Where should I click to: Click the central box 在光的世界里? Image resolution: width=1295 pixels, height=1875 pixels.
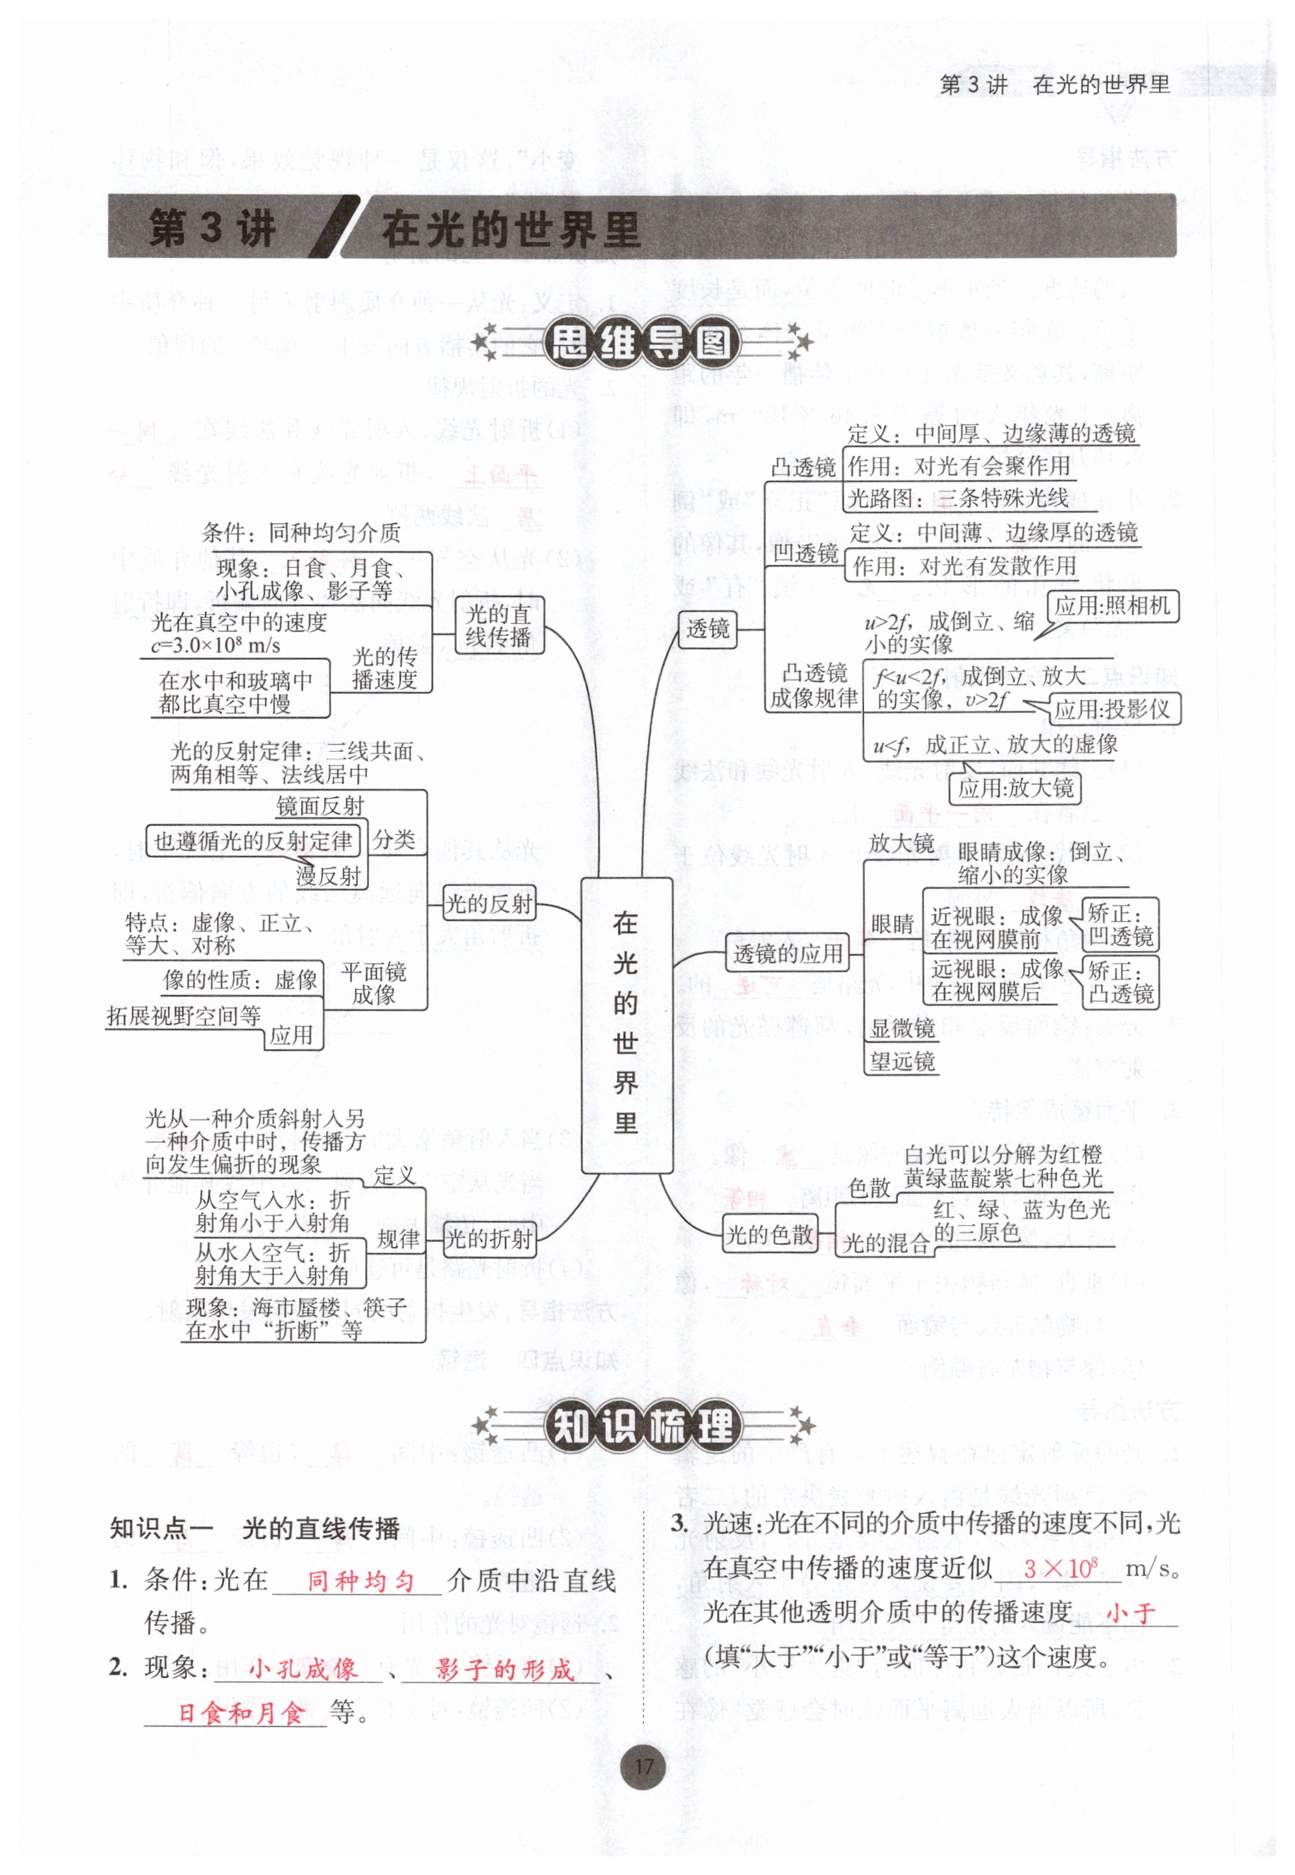[x=626, y=1024]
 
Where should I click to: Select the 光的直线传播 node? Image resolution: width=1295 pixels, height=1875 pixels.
[x=498, y=625]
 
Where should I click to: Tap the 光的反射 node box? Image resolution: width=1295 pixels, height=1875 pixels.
[x=488, y=903]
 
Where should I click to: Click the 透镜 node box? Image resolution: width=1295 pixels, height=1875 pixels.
[x=707, y=629]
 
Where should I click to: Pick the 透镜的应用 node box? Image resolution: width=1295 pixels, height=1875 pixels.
[x=787, y=953]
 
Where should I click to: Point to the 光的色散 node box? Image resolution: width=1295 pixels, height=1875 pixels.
[x=769, y=1234]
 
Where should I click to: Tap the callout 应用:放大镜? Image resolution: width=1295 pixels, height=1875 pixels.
[x=1015, y=787]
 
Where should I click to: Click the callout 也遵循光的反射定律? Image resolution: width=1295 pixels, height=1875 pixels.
[x=253, y=841]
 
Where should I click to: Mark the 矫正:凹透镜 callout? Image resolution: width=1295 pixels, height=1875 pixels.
[x=1120, y=925]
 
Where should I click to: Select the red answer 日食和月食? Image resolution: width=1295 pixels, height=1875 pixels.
[x=241, y=1714]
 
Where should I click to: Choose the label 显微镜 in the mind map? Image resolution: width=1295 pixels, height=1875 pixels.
[x=902, y=1028]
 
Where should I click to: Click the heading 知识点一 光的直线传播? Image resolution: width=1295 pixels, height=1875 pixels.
[x=254, y=1529]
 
